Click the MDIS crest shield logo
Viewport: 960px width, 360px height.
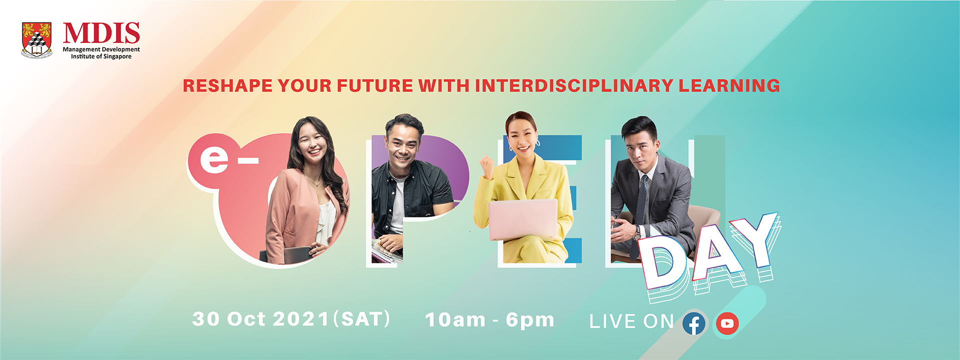coord(36,39)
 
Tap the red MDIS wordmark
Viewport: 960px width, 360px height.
coord(101,34)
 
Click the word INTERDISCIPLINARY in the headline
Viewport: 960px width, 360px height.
coord(573,85)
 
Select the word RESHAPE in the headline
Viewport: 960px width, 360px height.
coord(227,85)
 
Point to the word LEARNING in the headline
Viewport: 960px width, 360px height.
coord(729,85)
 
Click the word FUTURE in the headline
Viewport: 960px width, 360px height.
coord(375,85)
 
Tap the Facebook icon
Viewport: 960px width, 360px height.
coord(694,324)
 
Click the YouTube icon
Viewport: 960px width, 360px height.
coord(727,324)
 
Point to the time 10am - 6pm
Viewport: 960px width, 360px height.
coord(489,320)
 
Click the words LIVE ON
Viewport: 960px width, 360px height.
coord(632,321)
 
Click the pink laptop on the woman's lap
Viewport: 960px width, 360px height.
coord(523,219)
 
